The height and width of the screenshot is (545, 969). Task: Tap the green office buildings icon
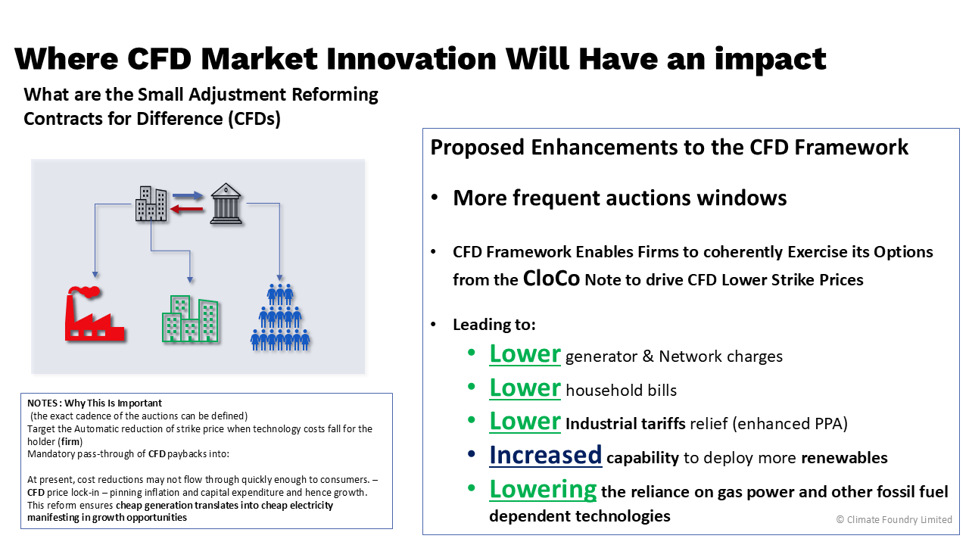click(190, 319)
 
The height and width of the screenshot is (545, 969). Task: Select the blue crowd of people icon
click(280, 317)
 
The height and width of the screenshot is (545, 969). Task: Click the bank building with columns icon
click(226, 204)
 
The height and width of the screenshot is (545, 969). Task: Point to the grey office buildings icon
click(151, 204)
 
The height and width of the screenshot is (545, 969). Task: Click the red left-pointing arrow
click(187, 210)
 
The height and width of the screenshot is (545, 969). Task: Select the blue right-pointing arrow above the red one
click(188, 196)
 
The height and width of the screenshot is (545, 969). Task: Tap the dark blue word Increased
click(546, 455)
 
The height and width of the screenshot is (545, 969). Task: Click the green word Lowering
click(543, 490)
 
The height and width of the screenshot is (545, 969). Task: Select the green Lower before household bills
click(525, 388)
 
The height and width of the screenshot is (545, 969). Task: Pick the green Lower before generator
click(525, 353)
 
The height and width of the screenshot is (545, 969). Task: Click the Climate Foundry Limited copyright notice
click(894, 519)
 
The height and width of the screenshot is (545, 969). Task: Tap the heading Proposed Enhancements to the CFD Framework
click(669, 147)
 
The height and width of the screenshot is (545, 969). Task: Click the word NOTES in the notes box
click(43, 403)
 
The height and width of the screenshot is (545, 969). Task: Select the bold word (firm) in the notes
click(70, 441)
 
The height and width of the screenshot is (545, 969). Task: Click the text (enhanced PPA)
click(790, 423)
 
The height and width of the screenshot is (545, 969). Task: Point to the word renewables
click(844, 458)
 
